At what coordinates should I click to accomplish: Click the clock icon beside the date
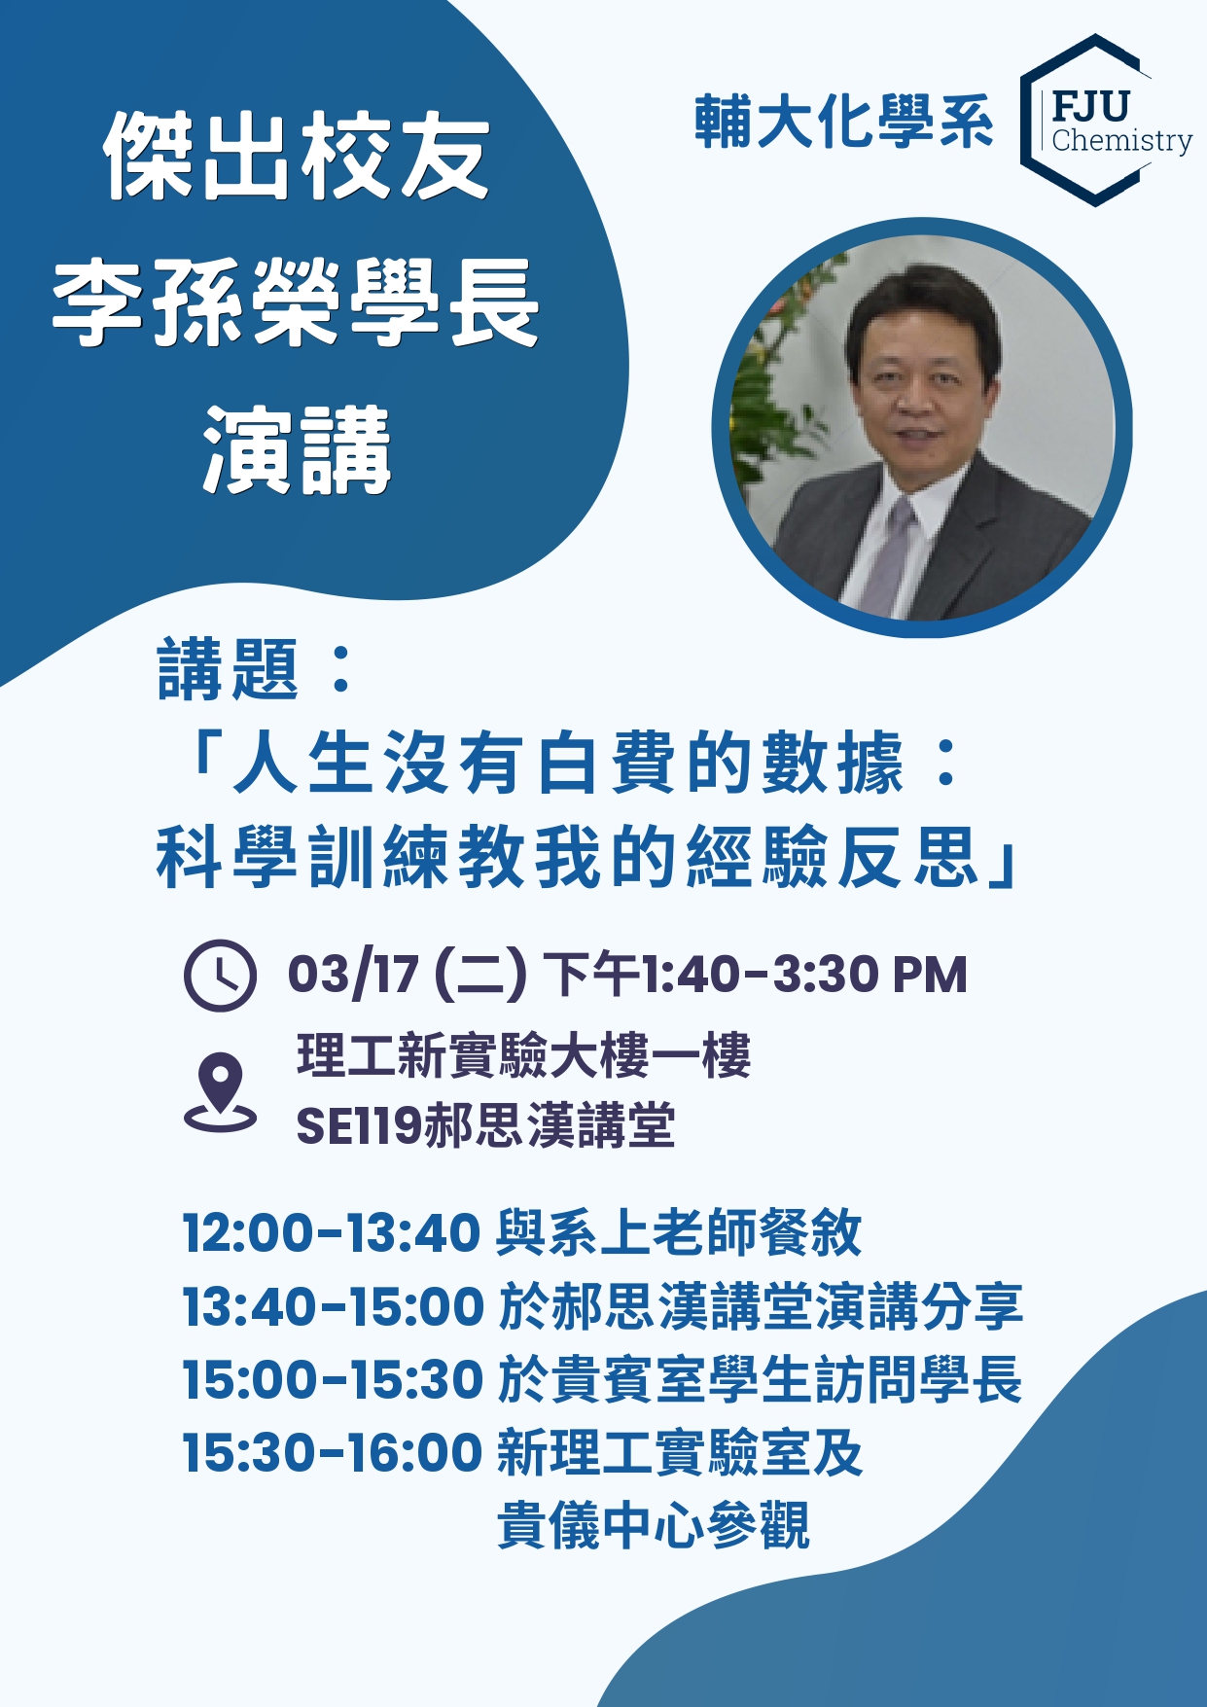tap(220, 975)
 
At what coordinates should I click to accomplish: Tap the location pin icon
tap(221, 1091)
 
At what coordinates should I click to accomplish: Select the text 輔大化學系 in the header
tap(843, 123)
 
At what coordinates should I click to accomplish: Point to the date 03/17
tap(353, 974)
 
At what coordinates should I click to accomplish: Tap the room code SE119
tap(359, 1126)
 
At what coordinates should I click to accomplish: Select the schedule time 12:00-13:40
tap(332, 1232)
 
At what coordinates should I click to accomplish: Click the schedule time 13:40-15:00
tap(333, 1305)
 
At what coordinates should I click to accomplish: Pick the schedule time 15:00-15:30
tap(333, 1379)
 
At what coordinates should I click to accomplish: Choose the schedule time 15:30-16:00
tap(333, 1452)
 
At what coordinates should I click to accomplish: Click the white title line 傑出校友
tap(297, 156)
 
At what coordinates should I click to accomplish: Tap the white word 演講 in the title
tap(297, 450)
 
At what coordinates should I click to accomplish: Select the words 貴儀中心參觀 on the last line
tap(653, 1525)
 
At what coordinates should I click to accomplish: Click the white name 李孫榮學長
tap(296, 302)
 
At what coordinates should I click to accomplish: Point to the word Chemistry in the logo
tap(1122, 142)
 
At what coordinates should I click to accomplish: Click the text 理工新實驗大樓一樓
tap(524, 1055)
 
